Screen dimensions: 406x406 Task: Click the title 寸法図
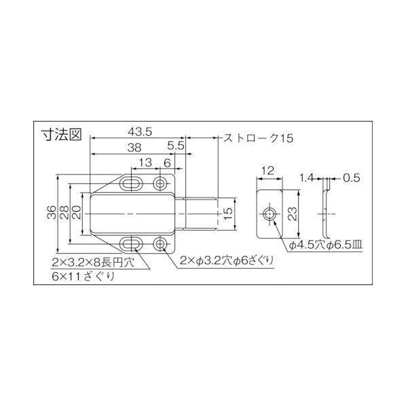pos(61,134)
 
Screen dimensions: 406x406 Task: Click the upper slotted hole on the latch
pos(132,183)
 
